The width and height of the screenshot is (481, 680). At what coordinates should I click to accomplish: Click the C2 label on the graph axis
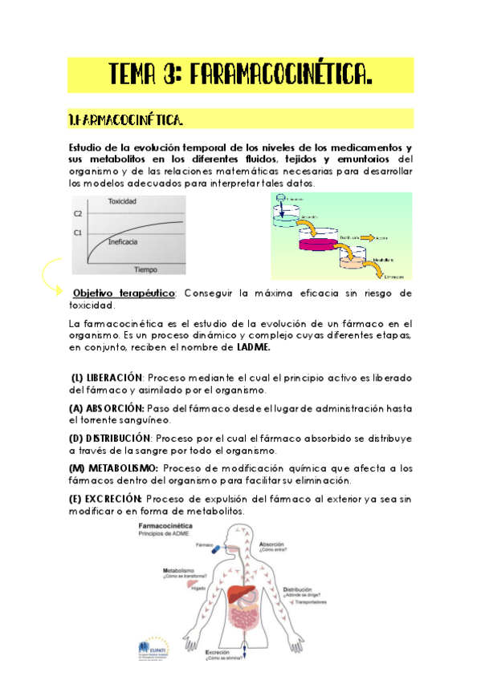[78, 214]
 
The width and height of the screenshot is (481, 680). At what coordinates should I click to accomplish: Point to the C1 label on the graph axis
[78, 233]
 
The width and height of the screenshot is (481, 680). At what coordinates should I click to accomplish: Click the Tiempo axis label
[145, 269]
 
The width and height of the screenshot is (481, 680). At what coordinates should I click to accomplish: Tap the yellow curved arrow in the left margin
[50, 277]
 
